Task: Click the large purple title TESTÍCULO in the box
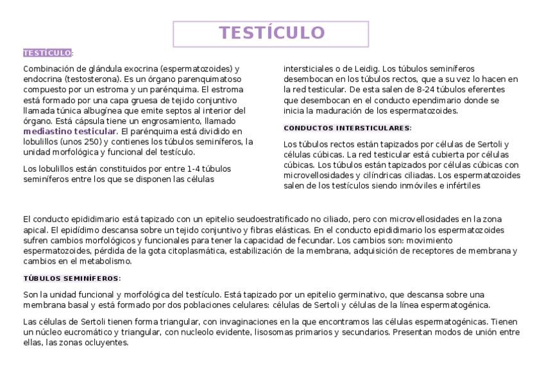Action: (x=271, y=33)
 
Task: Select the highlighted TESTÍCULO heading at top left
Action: (x=47, y=53)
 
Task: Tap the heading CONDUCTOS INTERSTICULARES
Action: (x=346, y=128)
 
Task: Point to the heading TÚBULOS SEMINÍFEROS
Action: (x=71, y=278)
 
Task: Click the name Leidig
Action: (x=366, y=69)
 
